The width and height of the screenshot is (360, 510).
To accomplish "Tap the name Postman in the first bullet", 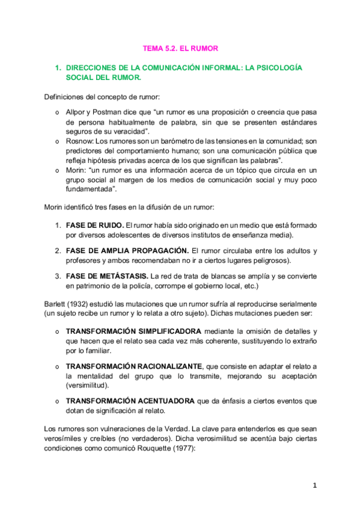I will pos(106,112).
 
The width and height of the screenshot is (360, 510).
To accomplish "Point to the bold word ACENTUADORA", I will pos(161,401).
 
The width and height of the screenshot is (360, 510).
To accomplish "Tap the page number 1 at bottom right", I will pos(314,485).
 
